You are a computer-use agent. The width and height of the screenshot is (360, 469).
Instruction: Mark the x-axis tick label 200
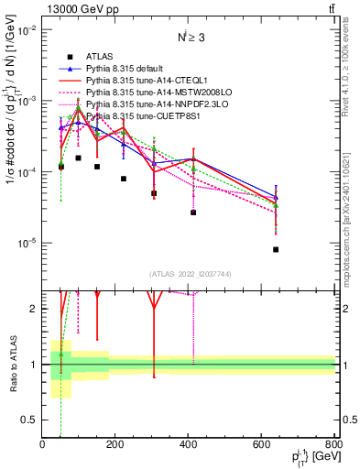pyautogui.click(x=115, y=445)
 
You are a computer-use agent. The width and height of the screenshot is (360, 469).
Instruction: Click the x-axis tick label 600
pyautogui.click(x=262, y=445)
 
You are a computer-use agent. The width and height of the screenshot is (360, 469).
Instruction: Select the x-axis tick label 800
pyautogui.click(x=334, y=445)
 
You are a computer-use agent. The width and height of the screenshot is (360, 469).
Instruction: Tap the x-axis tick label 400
pyautogui.click(x=189, y=445)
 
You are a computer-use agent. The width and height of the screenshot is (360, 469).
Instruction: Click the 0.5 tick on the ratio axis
pyautogui.click(x=32, y=420)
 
